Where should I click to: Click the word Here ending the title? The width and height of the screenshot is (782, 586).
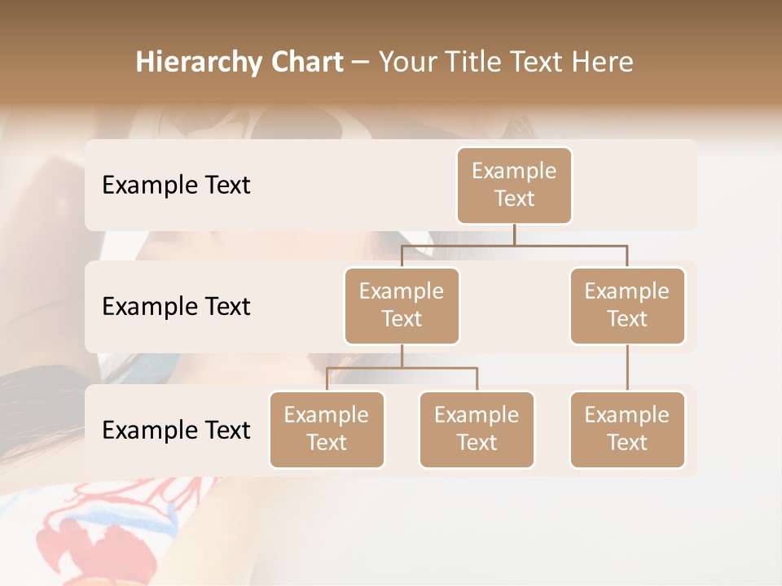pyautogui.click(x=604, y=63)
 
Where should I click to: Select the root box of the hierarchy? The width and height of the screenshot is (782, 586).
pyautogui.click(x=514, y=186)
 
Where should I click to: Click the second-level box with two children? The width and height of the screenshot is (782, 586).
pyautogui.click(x=402, y=306)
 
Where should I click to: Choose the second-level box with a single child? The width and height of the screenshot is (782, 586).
pyautogui.click(x=627, y=306)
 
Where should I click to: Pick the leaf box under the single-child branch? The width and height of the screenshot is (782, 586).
pyautogui.click(x=627, y=430)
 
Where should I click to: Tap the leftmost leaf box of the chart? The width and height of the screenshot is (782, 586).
pyautogui.click(x=327, y=430)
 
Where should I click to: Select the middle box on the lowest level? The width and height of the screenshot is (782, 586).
pyautogui.click(x=477, y=430)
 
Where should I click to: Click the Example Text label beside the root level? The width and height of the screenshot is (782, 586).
pyautogui.click(x=176, y=186)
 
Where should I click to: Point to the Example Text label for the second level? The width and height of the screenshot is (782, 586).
pyautogui.click(x=176, y=307)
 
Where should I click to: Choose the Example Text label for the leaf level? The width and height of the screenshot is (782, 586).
pyautogui.click(x=176, y=431)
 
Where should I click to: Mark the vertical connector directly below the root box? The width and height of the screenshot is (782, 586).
pyautogui.click(x=514, y=234)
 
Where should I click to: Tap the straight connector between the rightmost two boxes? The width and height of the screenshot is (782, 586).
pyautogui.click(x=627, y=368)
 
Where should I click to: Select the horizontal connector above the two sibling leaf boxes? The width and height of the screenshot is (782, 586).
pyautogui.click(x=402, y=368)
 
